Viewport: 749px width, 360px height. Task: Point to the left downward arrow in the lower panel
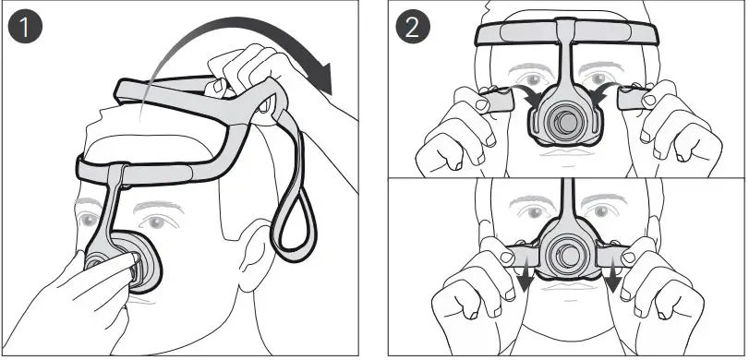[x=522, y=277]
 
